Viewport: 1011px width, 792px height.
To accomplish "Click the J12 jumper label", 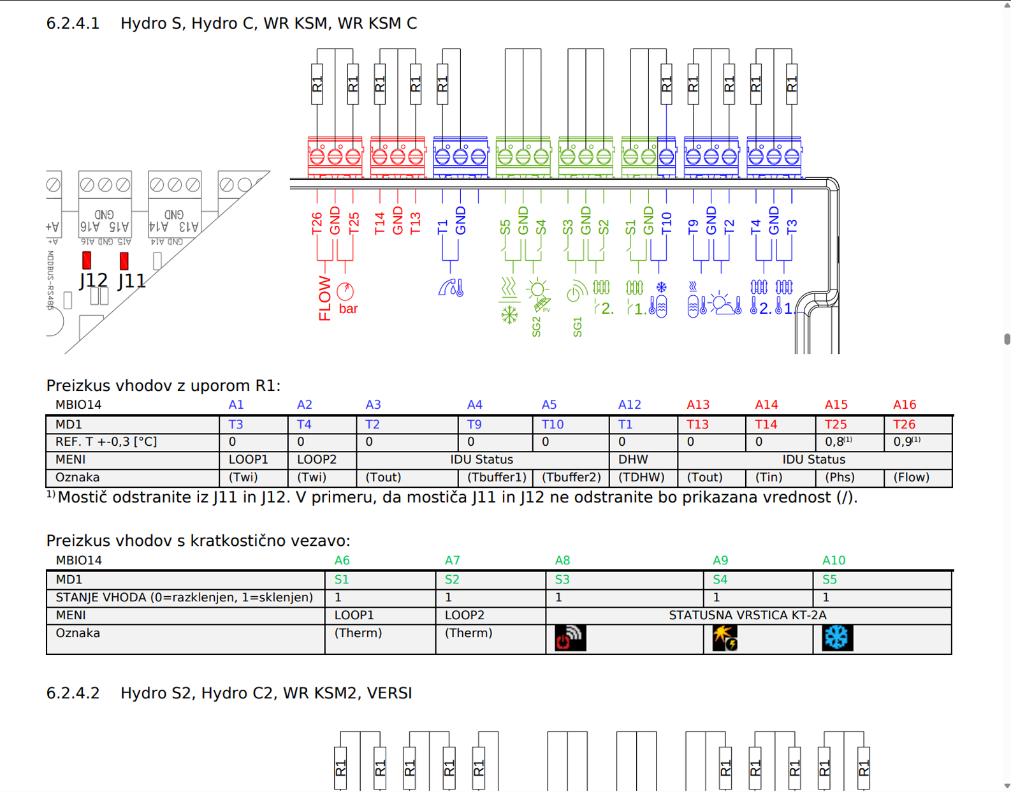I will tap(94, 281).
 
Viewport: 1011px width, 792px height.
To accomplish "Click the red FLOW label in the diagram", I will tap(325, 298).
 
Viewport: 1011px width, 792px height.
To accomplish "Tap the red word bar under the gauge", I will tap(348, 309).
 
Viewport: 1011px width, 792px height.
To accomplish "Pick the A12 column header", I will tap(629, 405).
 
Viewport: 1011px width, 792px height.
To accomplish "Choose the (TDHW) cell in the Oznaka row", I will tap(641, 477).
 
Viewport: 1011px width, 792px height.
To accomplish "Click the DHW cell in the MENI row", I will tap(633, 459).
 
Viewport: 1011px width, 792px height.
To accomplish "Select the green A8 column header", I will tap(562, 561).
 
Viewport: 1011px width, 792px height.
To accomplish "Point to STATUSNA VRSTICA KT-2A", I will tap(747, 615).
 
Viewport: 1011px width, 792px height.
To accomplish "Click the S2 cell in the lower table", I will tap(452, 580).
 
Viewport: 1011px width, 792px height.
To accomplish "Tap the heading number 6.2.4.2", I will tap(73, 693).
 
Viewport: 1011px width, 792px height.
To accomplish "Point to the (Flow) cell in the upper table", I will tap(911, 477).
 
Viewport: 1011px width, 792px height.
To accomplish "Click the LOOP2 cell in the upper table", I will tap(317, 459).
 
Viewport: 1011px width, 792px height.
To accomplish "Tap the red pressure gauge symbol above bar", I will tap(345, 291).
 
